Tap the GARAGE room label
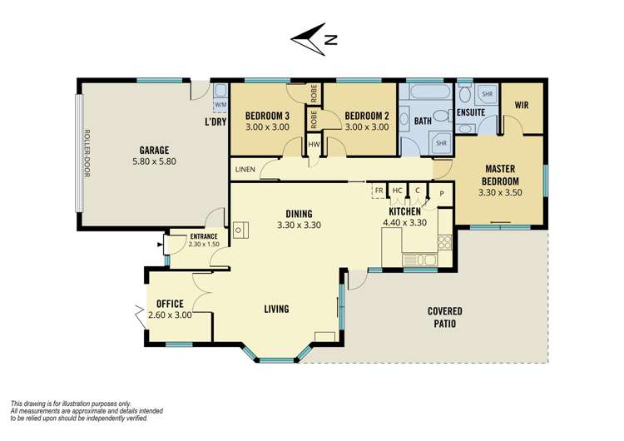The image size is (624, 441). pos(154,151)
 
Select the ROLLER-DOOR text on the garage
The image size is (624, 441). pos(87,153)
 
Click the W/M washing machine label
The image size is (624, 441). pos(220,105)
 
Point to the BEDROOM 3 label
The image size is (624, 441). pos(267,116)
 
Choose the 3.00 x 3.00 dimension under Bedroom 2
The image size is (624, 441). pos(367,127)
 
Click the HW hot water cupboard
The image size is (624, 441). pos(314,145)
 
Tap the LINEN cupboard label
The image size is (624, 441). pos(245,170)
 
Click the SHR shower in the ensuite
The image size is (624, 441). pos(487,94)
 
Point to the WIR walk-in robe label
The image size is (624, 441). pos(522,105)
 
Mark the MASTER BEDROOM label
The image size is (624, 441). pos(500,175)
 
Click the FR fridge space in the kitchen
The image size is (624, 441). pos(379,191)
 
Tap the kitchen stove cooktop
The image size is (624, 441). pos(445,242)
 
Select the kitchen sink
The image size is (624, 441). pos(420,260)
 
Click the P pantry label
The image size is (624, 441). pos(442,194)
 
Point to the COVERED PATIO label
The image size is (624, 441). pos(445,317)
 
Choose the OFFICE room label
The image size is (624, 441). pos(170,304)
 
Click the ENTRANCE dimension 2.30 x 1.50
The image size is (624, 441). pos(204,245)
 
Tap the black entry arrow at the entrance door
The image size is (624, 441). pos(160,245)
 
